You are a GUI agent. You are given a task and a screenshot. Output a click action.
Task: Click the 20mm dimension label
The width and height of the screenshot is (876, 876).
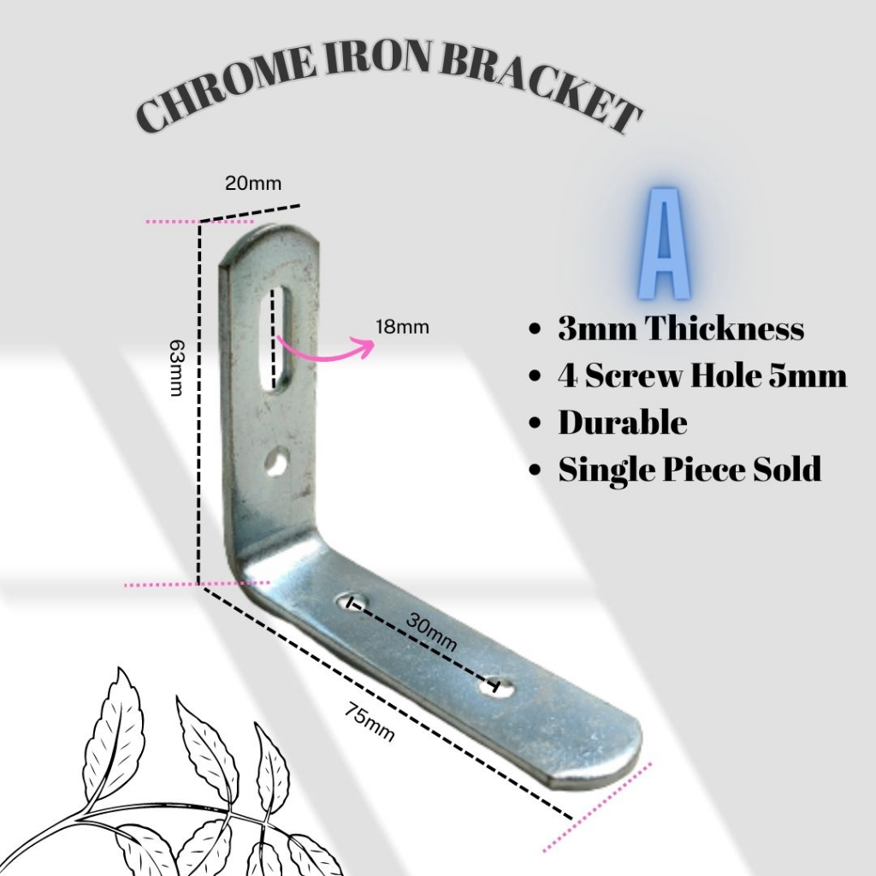pos(252,182)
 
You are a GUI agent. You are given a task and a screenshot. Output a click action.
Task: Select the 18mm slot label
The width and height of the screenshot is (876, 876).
pos(402,327)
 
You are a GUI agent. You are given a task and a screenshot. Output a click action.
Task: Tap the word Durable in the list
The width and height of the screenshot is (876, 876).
pos(622,423)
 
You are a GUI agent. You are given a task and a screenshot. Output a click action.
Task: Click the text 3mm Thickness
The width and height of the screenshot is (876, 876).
pos(680,328)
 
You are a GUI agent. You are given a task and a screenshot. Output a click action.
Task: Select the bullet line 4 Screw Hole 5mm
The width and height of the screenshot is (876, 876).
pos(701,376)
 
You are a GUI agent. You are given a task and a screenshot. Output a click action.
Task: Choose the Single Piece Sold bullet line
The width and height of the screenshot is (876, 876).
pos(690,469)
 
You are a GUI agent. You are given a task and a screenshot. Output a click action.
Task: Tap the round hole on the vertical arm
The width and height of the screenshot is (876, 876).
pos(275,463)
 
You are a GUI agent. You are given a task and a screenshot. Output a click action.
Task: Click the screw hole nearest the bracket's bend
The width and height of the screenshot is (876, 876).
pos(352,601)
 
